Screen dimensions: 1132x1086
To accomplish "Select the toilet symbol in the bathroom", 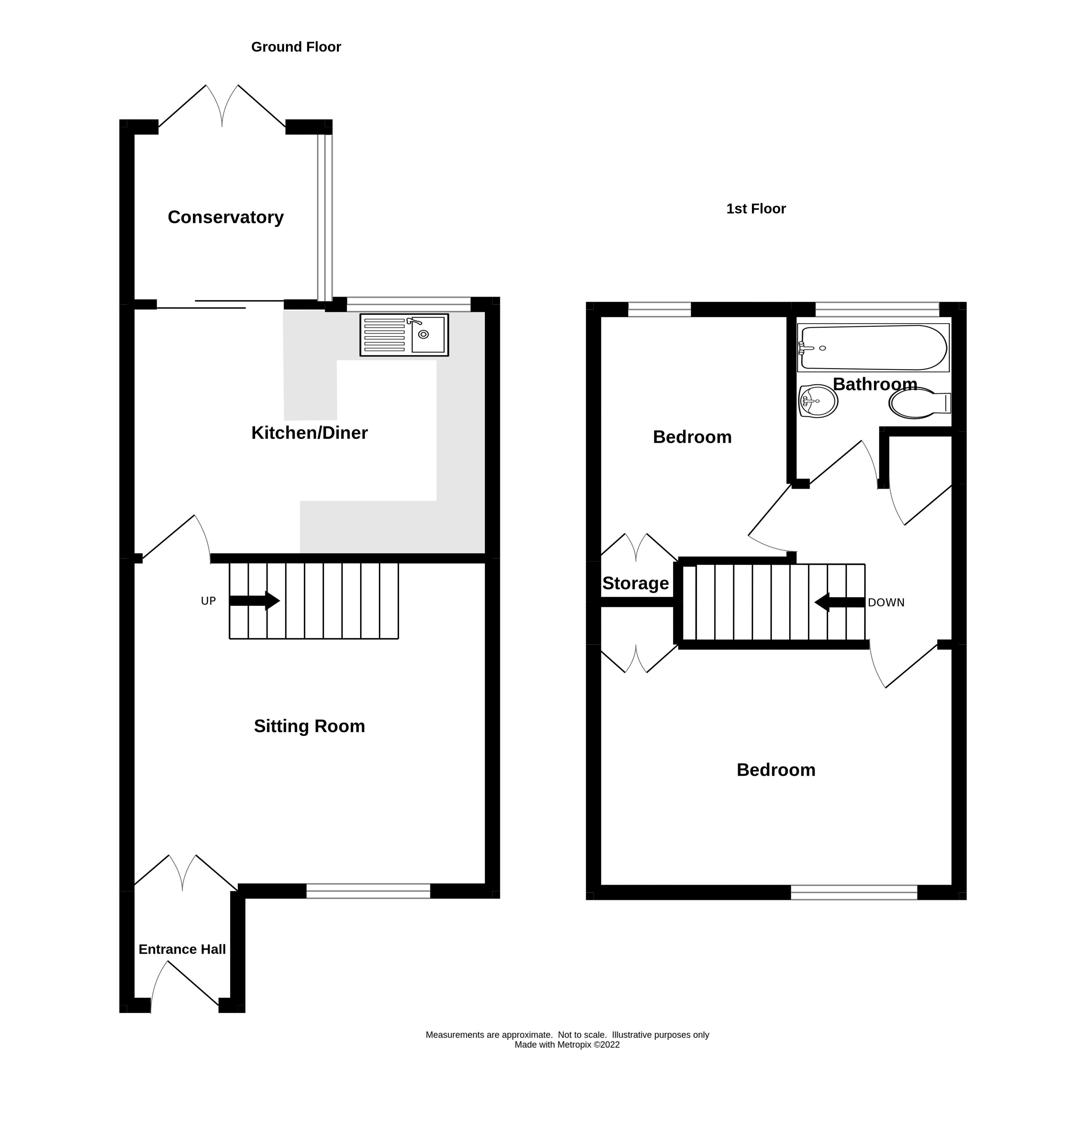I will pos(918,403).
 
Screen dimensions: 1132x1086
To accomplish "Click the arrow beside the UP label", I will pos(255,601).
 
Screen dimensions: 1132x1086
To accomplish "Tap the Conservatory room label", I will pos(225,217).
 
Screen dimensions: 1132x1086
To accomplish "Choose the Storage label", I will pos(635,583).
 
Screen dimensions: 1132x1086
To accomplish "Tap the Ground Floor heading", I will pos(296,47).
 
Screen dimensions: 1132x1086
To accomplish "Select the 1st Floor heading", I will pos(756,209).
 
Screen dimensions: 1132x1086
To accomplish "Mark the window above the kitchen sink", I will pos(408,304).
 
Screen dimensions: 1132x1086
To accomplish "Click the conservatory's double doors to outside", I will pos(222,107).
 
